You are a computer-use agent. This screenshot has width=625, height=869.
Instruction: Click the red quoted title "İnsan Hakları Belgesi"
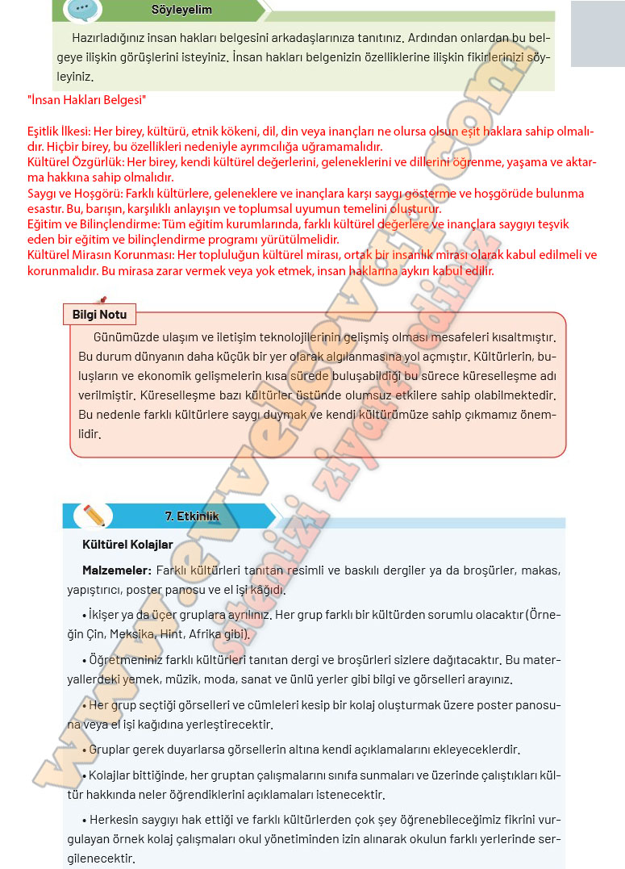pos(86,100)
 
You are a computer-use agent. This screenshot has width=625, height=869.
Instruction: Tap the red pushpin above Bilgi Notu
pos(102,299)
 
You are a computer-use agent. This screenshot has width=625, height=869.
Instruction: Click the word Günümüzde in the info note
pos(123,336)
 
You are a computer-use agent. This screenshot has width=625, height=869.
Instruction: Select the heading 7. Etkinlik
pos(192,516)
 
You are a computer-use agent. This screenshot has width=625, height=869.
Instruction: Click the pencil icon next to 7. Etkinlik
pos(93,515)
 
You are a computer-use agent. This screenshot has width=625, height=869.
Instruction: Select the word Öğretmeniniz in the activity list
pos(127,660)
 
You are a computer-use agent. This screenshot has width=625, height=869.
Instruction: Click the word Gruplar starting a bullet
pos(110,749)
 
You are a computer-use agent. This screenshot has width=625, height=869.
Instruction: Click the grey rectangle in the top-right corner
pos(598,34)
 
